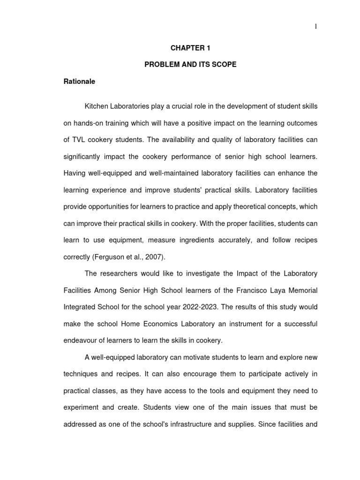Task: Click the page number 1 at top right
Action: point(316,27)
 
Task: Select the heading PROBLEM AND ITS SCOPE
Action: point(190,65)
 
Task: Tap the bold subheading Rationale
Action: point(79,82)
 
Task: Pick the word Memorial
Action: point(303,290)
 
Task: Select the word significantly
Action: point(84,157)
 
